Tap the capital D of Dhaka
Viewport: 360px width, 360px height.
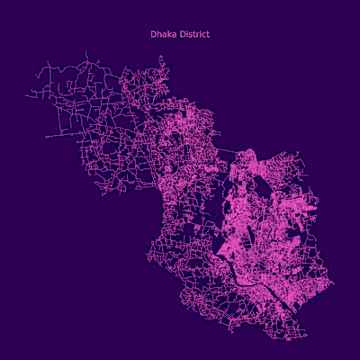(153, 34)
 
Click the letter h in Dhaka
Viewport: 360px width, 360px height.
(158, 34)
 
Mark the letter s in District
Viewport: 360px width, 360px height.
(190, 34)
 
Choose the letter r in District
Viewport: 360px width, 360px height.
(197, 34)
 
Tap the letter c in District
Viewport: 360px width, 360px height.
(203, 34)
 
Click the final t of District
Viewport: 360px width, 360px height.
(208, 34)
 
